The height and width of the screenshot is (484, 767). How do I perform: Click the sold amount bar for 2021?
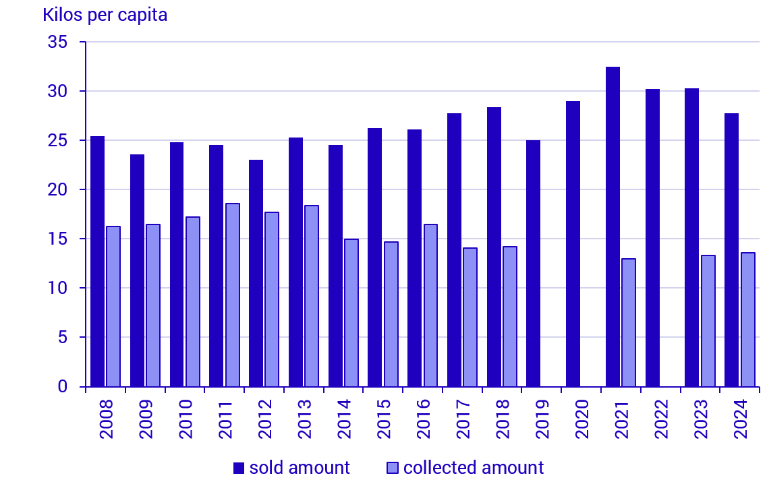613,226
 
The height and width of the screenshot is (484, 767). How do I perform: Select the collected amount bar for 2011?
232,295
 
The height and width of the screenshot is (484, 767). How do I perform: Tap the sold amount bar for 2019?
533,264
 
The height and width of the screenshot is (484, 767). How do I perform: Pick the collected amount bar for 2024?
747,320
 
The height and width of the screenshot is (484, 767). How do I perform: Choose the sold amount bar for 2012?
256,273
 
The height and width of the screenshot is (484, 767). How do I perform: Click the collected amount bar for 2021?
629,322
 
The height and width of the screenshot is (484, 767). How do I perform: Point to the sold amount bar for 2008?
97,262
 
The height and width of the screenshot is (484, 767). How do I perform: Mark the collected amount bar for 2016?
430,305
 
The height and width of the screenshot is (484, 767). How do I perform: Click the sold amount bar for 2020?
573,244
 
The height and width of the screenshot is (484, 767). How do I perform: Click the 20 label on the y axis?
59,190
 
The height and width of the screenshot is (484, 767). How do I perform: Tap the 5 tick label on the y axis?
63,338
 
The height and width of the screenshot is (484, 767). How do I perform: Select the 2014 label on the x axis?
344,419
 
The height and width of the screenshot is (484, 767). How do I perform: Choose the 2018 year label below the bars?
503,419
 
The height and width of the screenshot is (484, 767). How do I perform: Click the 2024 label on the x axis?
740,419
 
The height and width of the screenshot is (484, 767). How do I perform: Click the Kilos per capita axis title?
105,15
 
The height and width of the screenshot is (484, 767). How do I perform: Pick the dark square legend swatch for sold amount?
239,468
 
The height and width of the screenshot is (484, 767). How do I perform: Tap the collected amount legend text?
473,468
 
